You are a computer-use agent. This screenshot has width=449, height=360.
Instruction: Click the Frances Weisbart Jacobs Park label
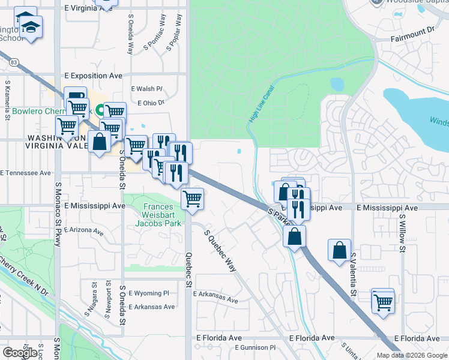point(161,214)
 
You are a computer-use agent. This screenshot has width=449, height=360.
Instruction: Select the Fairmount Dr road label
point(413,29)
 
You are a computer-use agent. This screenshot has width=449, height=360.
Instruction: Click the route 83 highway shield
point(13,61)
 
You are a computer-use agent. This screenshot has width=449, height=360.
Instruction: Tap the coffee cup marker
point(75,97)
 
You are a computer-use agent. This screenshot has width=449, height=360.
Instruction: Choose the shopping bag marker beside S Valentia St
point(339,250)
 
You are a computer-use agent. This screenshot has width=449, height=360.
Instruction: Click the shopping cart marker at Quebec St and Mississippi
point(192,199)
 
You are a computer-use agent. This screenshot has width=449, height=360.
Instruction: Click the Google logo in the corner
point(20,352)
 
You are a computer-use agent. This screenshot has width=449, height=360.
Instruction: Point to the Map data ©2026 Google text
point(412,355)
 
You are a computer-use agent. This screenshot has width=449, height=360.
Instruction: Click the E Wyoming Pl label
point(149,293)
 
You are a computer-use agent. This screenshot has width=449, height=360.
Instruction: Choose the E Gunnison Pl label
point(255,347)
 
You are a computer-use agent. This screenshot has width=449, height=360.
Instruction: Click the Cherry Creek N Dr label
point(24,273)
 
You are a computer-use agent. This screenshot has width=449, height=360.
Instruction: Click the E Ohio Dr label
point(151,103)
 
